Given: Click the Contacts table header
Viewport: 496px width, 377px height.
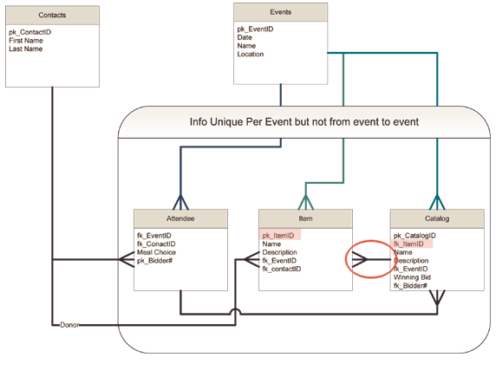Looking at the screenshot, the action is point(52,16).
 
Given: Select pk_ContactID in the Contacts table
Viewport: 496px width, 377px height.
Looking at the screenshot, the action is point(30,32).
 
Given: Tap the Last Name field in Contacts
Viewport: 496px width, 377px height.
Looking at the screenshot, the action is point(26,49).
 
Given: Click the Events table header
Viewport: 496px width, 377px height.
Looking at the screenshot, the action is point(281,12).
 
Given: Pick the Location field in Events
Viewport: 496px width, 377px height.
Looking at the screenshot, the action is point(251,54).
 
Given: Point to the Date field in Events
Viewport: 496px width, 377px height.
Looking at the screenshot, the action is point(245,37).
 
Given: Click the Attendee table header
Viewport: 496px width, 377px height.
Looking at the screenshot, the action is point(180,218).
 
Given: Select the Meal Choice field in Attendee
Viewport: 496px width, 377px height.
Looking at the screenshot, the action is point(156,252).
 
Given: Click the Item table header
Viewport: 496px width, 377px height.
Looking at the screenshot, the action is point(305,218).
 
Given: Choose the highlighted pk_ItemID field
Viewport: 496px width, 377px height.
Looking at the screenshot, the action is point(280,236).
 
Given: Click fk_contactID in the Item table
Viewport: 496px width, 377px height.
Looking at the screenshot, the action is point(282,269).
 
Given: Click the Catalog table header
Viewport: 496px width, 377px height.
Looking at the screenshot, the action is point(437,218).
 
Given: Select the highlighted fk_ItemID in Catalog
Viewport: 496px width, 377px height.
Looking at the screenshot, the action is point(412,244).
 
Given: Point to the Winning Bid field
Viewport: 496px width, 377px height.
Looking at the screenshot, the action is point(412,277).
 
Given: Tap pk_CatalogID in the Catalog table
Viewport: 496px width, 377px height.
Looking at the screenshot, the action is point(414,236).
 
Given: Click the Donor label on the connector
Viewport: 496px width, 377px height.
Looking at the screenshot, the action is point(69,325).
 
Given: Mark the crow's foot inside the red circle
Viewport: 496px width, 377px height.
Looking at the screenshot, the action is point(360,260).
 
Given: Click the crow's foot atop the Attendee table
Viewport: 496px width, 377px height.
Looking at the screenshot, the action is point(180,203).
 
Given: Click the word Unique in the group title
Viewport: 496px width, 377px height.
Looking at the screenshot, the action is point(226,121).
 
